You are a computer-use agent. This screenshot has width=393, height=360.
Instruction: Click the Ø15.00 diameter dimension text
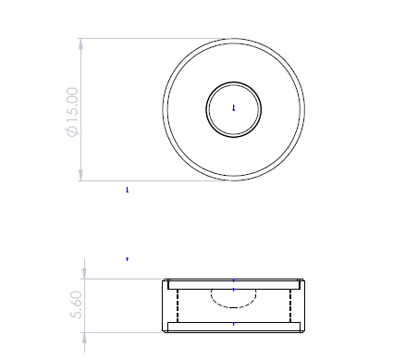(73, 112)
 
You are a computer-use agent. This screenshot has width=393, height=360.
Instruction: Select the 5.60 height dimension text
(76, 304)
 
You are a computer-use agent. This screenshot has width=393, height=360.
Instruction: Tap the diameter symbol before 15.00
(73, 131)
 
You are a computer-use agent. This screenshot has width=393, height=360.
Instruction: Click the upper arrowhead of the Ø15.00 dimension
(80, 44)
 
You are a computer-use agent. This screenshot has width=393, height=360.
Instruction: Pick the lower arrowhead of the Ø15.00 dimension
(80, 175)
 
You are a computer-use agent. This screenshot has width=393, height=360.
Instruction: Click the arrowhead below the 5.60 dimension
(85, 338)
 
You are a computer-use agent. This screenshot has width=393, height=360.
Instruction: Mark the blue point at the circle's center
(234, 108)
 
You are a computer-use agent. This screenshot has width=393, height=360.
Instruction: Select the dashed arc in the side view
(234, 307)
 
